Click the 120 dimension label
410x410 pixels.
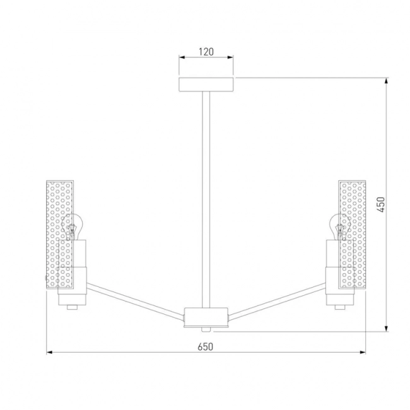tap(206, 52)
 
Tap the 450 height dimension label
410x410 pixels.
tap(381, 204)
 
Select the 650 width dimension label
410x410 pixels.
tap(206, 347)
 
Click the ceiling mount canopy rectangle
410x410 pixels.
tap(206, 85)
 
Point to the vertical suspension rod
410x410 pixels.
tap(206, 199)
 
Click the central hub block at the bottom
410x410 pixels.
tap(206, 317)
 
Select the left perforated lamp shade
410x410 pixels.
tap(60, 235)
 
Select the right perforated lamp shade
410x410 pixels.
tap(352, 235)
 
